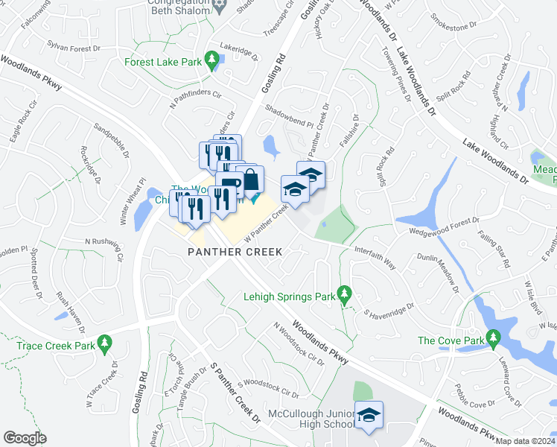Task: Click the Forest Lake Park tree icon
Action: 212,59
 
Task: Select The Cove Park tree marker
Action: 493,340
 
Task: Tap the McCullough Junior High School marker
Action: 368,415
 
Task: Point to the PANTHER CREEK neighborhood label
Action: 235,252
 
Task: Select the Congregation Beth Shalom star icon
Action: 219,6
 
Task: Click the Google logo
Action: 25,438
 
